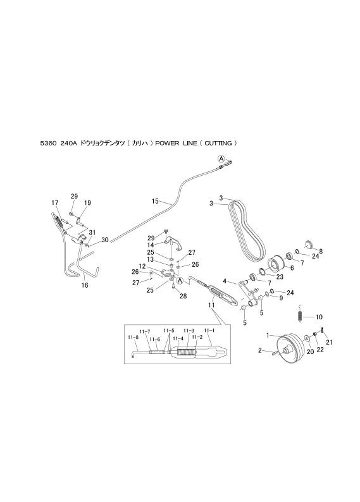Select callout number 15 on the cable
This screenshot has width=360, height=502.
click(155, 201)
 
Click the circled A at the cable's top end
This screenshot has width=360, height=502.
click(221, 158)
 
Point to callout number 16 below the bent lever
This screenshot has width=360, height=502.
click(85, 285)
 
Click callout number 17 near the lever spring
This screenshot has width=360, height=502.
click(55, 202)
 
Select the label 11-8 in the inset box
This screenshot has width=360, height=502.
click(133, 337)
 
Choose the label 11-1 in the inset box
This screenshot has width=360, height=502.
click(209, 331)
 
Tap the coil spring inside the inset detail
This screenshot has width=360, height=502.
click(186, 352)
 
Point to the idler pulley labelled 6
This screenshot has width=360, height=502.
click(275, 263)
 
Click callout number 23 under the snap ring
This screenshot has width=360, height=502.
click(280, 277)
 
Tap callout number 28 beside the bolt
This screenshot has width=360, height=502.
click(183, 297)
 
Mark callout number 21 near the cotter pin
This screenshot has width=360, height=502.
click(329, 342)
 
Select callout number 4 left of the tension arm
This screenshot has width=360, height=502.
click(225, 281)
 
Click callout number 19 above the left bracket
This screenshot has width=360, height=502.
click(87, 203)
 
